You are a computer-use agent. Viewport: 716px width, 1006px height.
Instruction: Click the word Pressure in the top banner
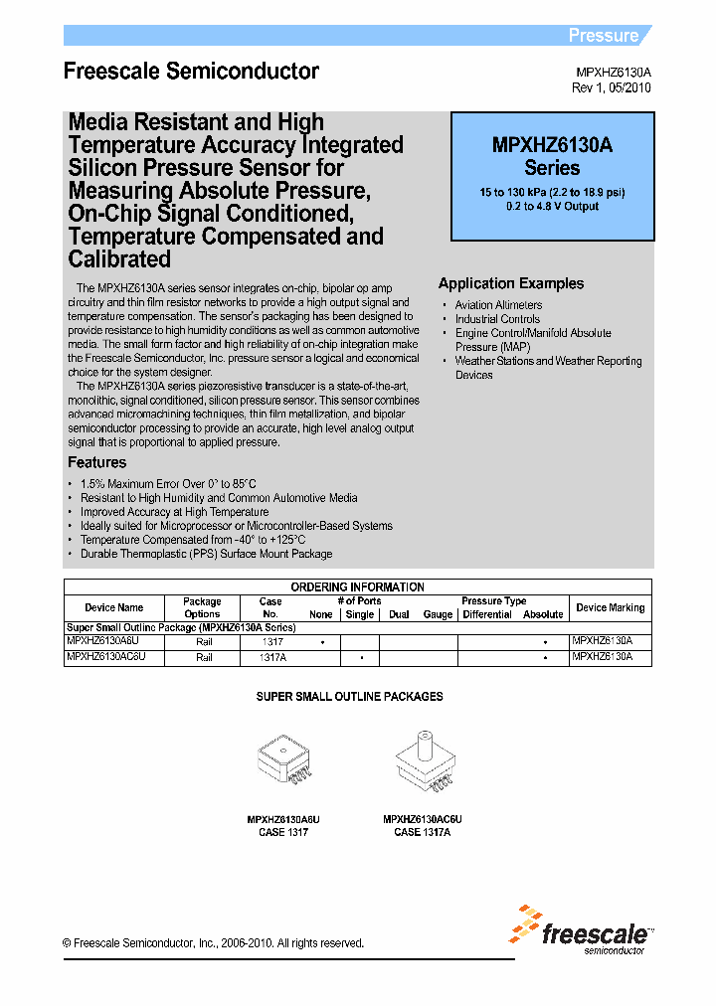point(603,36)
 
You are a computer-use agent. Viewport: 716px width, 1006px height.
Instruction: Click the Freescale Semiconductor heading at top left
point(191,72)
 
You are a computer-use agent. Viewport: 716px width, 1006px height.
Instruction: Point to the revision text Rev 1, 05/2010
point(611,88)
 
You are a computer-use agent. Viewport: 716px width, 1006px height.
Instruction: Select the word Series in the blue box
point(552,168)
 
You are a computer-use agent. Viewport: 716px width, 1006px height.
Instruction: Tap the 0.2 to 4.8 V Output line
point(552,206)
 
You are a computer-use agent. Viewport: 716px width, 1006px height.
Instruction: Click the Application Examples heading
point(511,283)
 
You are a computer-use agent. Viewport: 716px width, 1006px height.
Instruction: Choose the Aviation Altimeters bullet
point(498,305)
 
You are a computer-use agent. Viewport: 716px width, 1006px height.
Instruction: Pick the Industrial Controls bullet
point(497,319)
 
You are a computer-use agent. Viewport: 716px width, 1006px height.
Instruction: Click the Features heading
point(96,462)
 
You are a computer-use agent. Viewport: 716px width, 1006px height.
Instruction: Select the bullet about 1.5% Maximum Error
point(168,484)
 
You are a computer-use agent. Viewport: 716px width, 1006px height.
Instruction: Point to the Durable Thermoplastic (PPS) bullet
point(206,554)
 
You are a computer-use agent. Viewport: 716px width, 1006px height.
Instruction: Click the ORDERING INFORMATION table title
point(357,587)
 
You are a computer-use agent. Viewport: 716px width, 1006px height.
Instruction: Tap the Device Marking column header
point(611,607)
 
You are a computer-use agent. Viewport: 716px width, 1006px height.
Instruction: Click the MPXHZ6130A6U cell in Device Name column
point(106,642)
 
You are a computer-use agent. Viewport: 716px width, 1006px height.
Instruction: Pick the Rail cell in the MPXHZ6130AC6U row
point(204,657)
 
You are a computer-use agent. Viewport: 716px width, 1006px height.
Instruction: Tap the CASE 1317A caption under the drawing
point(423,832)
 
